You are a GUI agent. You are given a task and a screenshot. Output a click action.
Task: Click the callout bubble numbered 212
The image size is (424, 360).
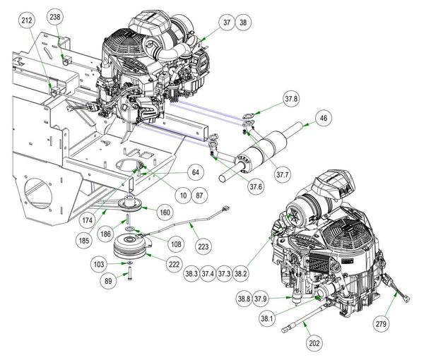click(x=27, y=23)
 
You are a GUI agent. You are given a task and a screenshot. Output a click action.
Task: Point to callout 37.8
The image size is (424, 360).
click(x=292, y=99)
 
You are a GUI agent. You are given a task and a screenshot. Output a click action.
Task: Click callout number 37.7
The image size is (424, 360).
click(x=283, y=174)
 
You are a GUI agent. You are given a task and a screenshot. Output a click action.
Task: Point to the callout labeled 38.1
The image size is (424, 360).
click(x=267, y=318)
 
